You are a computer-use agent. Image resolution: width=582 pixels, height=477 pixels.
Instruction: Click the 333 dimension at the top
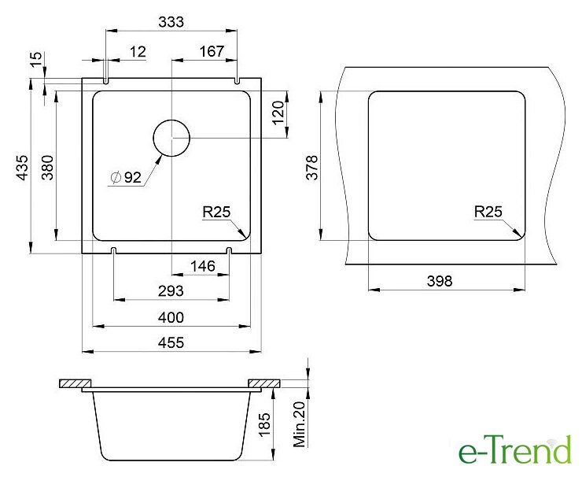click(171, 22)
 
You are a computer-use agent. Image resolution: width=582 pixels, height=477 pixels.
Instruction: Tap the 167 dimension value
click(212, 51)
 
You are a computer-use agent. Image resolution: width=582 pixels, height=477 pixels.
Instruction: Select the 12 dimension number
click(138, 52)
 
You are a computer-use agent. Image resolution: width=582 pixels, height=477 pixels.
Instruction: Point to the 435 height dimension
click(23, 168)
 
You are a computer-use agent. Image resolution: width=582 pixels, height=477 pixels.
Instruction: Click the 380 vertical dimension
click(47, 168)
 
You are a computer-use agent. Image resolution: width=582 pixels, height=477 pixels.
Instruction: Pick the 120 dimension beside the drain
click(278, 113)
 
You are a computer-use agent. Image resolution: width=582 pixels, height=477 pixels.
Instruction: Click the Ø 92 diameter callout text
click(126, 178)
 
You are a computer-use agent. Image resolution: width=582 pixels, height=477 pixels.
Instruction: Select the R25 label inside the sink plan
click(216, 212)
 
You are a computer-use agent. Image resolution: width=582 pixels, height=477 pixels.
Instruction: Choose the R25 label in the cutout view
click(488, 212)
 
